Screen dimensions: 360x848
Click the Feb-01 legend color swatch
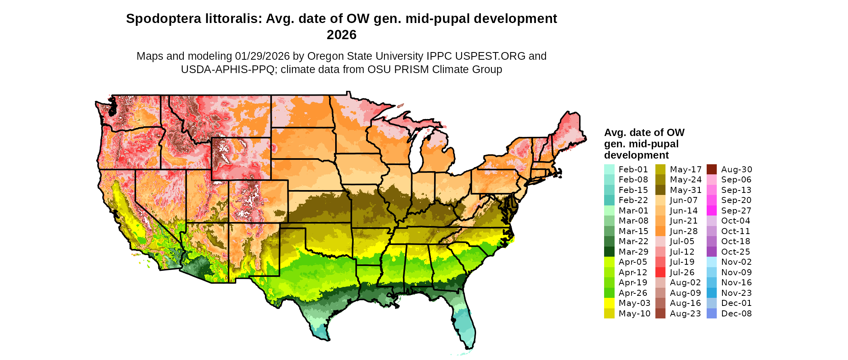(609, 170)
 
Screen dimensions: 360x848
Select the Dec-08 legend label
(736, 314)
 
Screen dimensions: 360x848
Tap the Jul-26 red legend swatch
(660, 272)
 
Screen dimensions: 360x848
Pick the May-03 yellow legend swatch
(609, 303)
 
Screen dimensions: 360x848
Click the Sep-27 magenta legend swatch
(712, 211)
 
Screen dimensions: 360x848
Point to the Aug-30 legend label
(737, 170)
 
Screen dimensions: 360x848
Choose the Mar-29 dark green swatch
(609, 252)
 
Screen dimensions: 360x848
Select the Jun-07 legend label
(684, 200)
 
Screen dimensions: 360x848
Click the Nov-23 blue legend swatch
(712, 293)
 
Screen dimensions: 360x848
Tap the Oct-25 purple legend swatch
(712, 252)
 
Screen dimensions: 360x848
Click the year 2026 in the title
(341, 35)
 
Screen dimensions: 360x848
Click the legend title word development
(636, 155)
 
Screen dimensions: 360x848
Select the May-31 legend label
(685, 190)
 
